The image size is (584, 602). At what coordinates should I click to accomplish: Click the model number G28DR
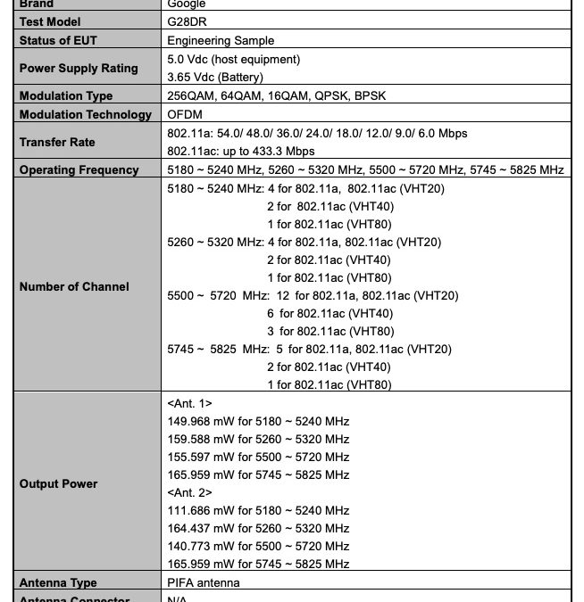click(186, 21)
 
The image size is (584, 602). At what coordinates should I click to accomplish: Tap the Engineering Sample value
click(221, 40)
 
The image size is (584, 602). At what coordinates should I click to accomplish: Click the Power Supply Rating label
click(79, 68)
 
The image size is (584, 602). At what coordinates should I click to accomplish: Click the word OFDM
click(185, 114)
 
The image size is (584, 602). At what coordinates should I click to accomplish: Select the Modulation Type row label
click(66, 95)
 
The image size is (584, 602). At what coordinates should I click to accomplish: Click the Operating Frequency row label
click(79, 169)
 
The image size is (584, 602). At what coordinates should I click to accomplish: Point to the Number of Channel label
click(74, 286)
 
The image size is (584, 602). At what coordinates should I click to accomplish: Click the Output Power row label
click(58, 483)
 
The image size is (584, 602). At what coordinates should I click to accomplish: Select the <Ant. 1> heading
click(189, 403)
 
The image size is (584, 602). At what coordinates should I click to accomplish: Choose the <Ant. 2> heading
click(189, 492)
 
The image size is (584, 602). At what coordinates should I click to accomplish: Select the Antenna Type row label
click(58, 583)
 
